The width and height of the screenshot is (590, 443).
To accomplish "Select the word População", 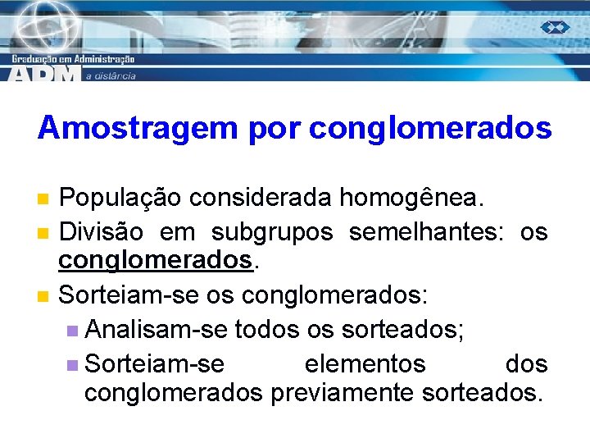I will tap(120, 198).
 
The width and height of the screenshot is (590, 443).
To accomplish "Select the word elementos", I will tap(365, 363).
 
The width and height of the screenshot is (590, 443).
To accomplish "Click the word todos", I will tap(267, 331).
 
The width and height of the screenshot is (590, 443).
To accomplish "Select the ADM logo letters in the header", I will tap(46, 73).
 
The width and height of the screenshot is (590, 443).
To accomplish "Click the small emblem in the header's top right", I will tap(554, 27).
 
